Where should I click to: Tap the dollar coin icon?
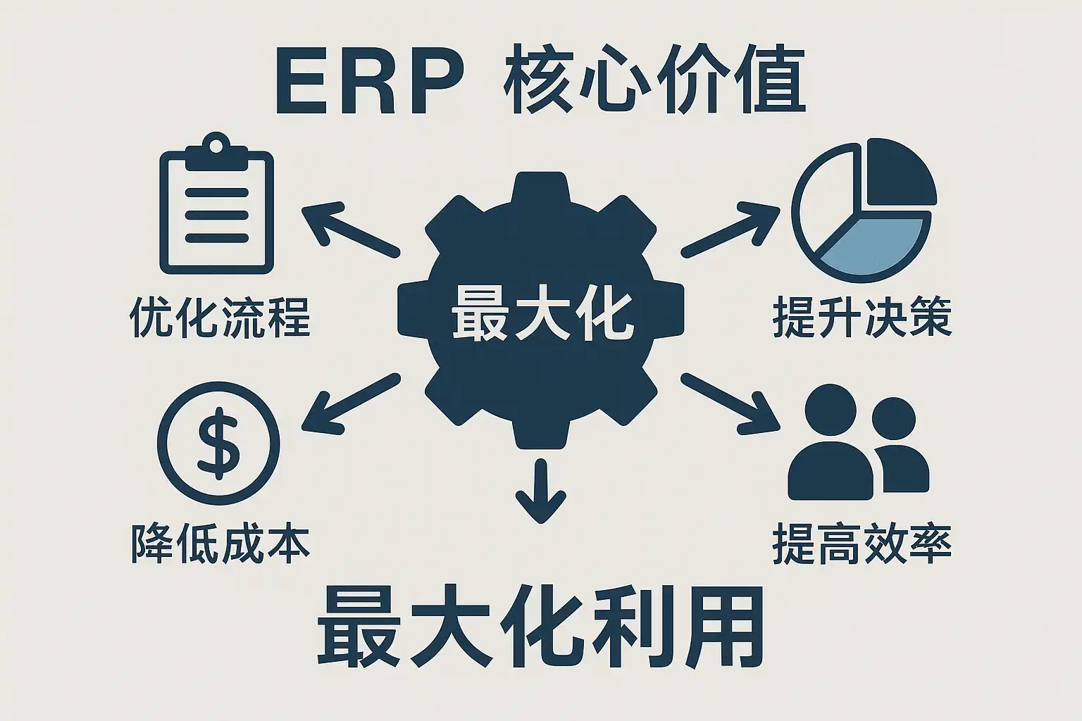click(218, 444)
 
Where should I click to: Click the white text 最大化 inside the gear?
click(542, 313)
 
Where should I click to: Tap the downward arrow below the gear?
click(540, 490)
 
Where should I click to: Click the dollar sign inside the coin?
click(218, 444)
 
